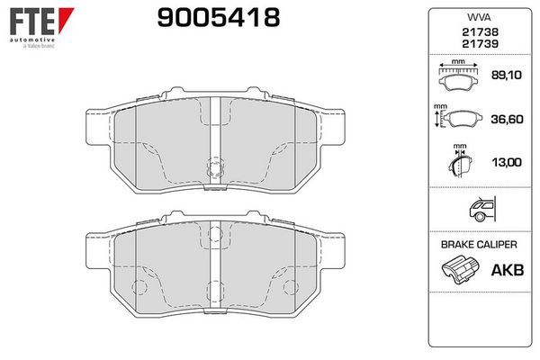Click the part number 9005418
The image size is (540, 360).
point(219,18)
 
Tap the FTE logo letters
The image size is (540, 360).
point(32,22)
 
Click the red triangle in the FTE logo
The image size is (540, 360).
point(66,20)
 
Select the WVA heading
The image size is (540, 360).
point(479,17)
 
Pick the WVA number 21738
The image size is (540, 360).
point(480,32)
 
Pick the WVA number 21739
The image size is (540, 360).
point(480,44)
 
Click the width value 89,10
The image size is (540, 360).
point(507,75)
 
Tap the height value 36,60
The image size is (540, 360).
point(507,120)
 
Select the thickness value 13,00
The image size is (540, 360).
point(507,162)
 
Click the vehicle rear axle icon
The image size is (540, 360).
point(482,209)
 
